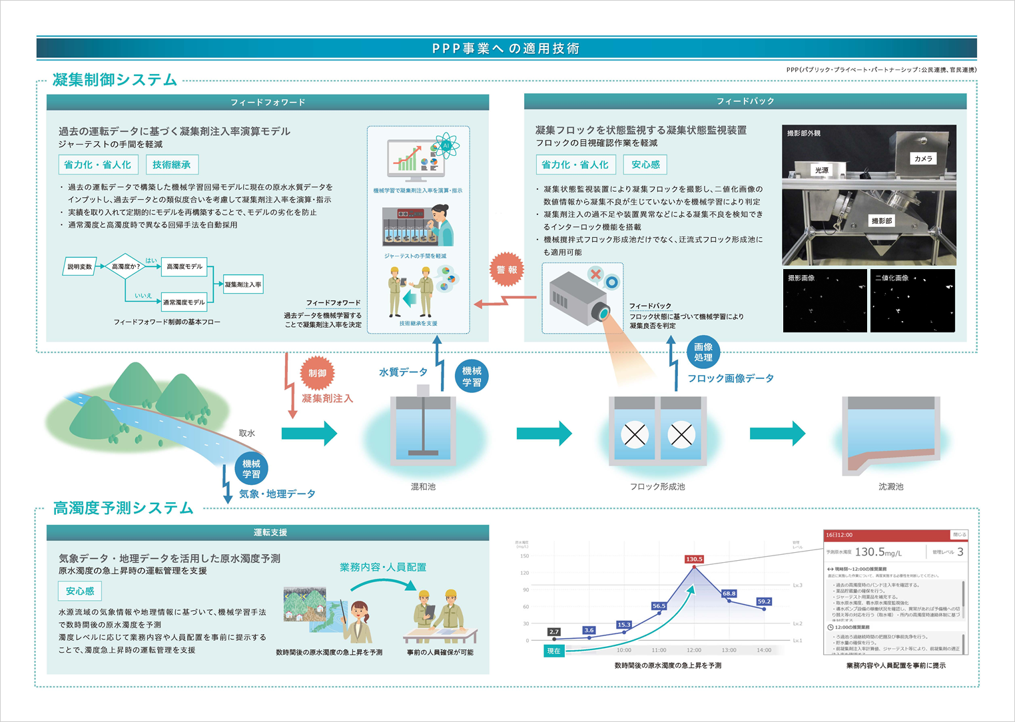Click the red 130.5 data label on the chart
click(x=694, y=559)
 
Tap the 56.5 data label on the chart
click(x=659, y=606)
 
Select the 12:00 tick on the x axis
click(x=694, y=650)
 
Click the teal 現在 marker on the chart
click(x=553, y=651)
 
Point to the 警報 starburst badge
click(x=507, y=270)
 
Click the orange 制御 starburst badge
click(x=317, y=373)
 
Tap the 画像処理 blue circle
click(x=703, y=352)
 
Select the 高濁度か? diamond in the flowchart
click(x=125, y=266)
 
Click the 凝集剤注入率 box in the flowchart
click(x=243, y=284)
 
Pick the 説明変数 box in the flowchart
click(x=80, y=266)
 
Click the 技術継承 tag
click(x=171, y=165)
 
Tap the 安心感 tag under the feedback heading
click(x=645, y=165)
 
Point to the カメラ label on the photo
click(x=923, y=159)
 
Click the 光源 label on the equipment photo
click(x=822, y=170)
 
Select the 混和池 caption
click(x=423, y=487)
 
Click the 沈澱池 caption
click(x=890, y=487)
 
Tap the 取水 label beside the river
click(x=247, y=433)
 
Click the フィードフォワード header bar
click(x=268, y=103)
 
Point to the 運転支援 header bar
click(x=268, y=532)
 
